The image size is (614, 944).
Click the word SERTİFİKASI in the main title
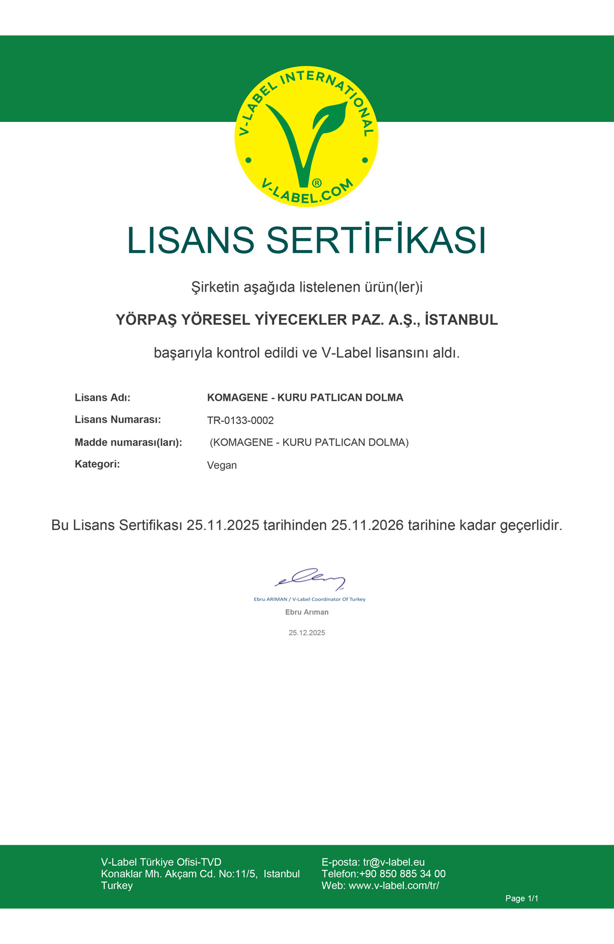click(376, 240)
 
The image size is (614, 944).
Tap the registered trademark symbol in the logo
click(317, 183)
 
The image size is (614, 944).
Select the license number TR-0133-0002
click(240, 420)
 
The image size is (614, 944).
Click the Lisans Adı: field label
click(102, 398)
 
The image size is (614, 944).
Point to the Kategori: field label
click(97, 464)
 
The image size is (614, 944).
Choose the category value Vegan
click(222, 465)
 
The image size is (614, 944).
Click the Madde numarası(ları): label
click(128, 442)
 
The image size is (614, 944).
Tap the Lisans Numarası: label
click(118, 419)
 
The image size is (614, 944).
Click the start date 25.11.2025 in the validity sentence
click(223, 525)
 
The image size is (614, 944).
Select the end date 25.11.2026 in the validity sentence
click(367, 525)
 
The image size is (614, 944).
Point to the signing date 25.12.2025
click(307, 633)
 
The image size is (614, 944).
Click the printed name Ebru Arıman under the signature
click(307, 612)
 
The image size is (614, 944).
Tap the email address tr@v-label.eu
click(394, 862)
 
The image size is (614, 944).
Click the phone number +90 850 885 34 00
click(402, 874)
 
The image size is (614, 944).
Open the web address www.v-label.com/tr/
click(393, 886)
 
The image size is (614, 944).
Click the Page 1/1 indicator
click(522, 898)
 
